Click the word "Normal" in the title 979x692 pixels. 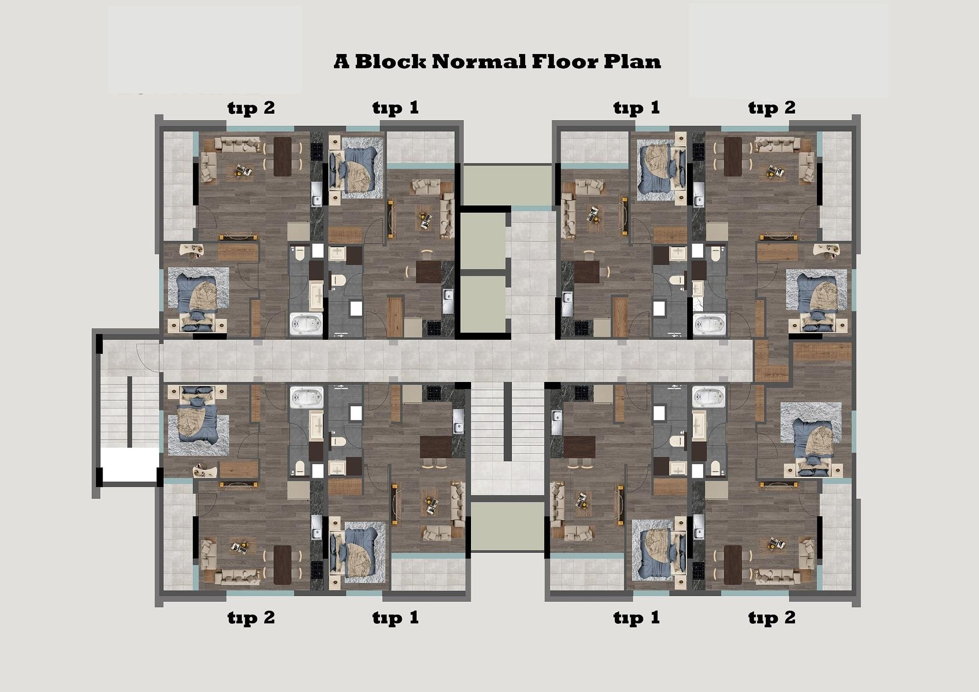click(479, 62)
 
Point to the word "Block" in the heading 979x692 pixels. click(390, 62)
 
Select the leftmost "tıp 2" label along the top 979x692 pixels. click(251, 108)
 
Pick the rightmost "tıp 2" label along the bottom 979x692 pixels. click(771, 618)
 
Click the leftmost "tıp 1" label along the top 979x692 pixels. click(396, 108)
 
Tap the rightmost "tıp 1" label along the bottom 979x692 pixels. click(636, 618)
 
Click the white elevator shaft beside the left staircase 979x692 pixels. click(129, 465)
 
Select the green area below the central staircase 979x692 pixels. click(507, 526)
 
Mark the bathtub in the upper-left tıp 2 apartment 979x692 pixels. click(306, 324)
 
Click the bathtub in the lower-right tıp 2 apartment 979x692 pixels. click(708, 397)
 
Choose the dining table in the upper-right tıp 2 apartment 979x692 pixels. click(732, 157)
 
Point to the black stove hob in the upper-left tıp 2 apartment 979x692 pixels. click(317, 151)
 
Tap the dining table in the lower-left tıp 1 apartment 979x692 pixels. click(435, 447)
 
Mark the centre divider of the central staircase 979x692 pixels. click(507, 422)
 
